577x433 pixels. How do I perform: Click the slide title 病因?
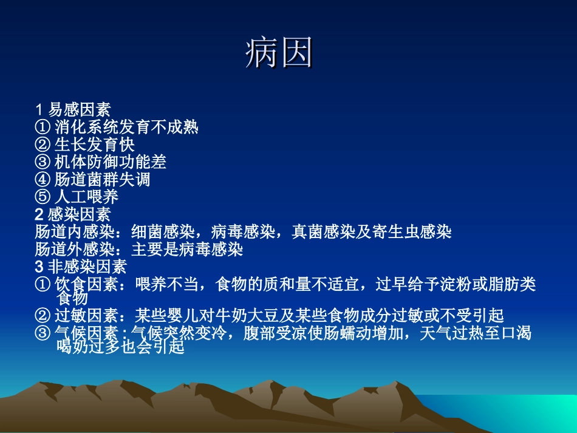[x=279, y=53]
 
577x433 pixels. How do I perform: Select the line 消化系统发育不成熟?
[x=126, y=128]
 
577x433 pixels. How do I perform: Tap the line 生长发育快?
[x=95, y=145]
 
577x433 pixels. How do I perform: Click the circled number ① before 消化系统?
[x=43, y=128]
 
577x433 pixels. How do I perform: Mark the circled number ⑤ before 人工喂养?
[x=43, y=197]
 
